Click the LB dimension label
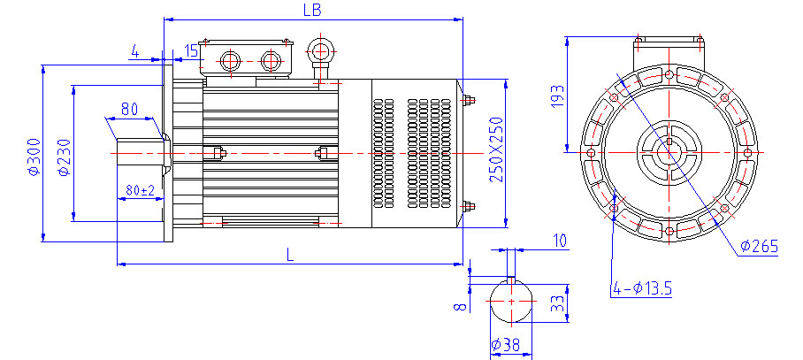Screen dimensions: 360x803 pos(310,10)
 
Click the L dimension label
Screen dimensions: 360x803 pos(290,255)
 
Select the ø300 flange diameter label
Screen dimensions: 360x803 pos(34,157)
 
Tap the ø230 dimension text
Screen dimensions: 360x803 pos(63,157)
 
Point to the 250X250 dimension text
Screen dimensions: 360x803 pos(496,149)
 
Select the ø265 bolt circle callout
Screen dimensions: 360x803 pos(759,247)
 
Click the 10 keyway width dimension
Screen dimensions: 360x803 pos(559,241)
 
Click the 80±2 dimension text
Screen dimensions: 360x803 pos(140,189)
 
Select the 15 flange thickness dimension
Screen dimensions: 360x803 pos(191,50)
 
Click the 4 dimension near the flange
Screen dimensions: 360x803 pos(134,51)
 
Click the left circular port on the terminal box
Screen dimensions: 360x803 pos(229,61)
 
